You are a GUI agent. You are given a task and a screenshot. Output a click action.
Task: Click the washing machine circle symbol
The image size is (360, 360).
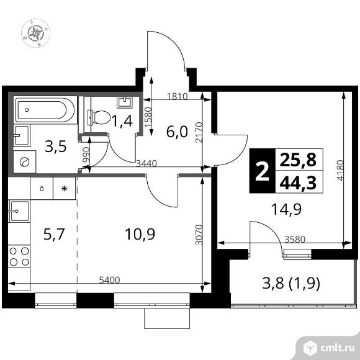click(25, 161)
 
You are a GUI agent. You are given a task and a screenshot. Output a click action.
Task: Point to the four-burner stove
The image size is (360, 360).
click(20, 257)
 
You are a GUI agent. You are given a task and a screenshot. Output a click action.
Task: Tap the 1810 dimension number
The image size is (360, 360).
click(178, 96)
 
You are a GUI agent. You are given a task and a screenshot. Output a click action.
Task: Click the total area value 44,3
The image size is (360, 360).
click(298, 183)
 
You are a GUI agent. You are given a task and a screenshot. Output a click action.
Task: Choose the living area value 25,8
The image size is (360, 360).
click(298, 161)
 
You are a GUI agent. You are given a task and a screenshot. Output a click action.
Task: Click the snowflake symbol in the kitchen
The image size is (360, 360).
click(64, 187)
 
